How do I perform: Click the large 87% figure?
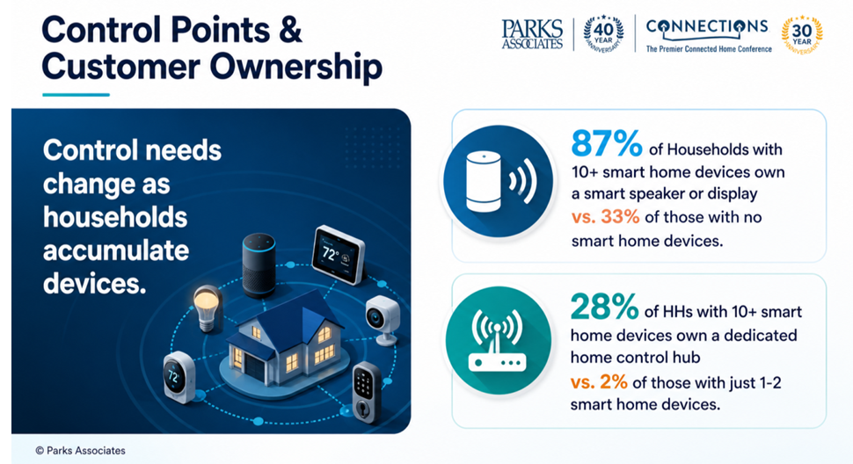[x=606, y=143]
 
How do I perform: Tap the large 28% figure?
[x=604, y=307]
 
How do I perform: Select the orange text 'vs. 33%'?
[x=606, y=217]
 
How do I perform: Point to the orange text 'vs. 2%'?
[x=599, y=382]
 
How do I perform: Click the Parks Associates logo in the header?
[x=532, y=33]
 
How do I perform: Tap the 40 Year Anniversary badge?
[x=603, y=33]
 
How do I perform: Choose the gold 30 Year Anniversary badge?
[x=802, y=35]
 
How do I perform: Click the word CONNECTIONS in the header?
[x=707, y=26]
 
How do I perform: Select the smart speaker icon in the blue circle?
[x=499, y=182]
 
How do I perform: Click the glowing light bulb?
[x=208, y=308]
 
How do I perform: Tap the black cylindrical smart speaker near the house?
[x=259, y=265]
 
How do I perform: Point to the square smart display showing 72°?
[x=339, y=254]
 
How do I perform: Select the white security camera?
[x=383, y=320]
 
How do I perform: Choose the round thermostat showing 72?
[x=179, y=377]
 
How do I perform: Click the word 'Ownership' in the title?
[x=296, y=67]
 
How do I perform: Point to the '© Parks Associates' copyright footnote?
[x=81, y=451]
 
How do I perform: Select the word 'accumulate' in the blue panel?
[x=116, y=250]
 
